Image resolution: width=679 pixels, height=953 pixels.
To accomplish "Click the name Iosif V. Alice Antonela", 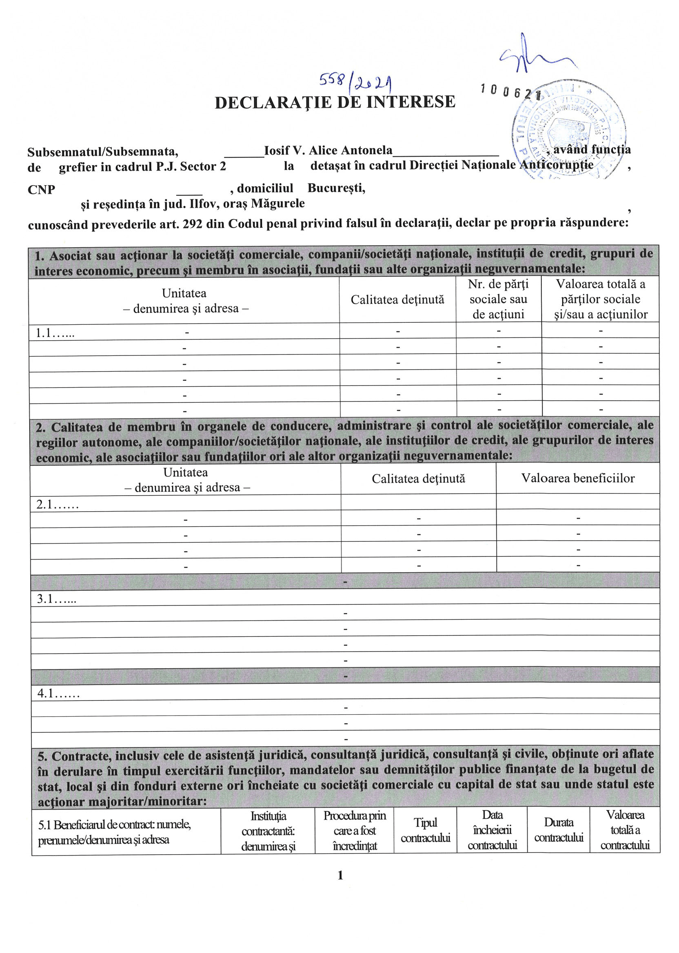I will tap(328, 151).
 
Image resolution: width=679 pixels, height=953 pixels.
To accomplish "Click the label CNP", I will tap(41, 190).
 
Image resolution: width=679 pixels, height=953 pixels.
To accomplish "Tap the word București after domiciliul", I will tap(336, 188).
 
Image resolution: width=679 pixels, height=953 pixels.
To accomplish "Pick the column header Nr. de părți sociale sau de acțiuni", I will tap(498, 299).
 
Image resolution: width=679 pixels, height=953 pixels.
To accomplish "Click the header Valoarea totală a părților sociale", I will tap(600, 299).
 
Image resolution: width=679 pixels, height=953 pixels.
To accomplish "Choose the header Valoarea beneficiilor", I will tap(578, 478).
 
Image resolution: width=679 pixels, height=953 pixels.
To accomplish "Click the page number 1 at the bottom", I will tap(340, 875).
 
